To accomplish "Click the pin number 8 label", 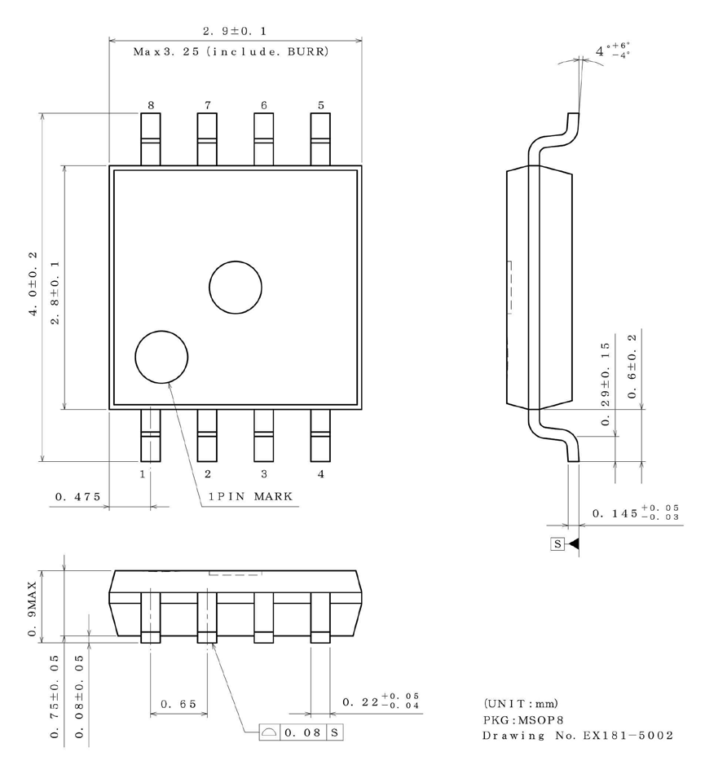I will [150, 105].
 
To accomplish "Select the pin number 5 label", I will [320, 105].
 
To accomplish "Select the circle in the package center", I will [236, 288].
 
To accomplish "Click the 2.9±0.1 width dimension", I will [235, 31].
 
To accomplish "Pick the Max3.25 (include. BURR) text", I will [231, 52].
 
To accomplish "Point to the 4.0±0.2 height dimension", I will [34, 287].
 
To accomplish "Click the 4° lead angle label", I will [613, 51].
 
